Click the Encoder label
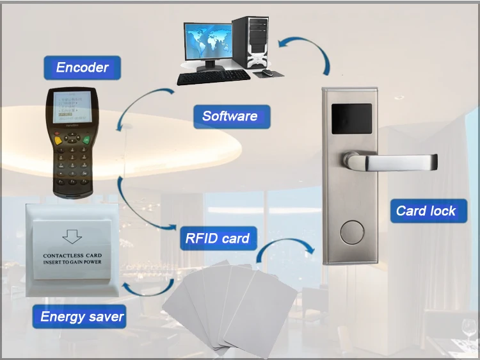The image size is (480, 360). pyautogui.click(x=82, y=67)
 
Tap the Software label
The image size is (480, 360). pyautogui.click(x=230, y=117)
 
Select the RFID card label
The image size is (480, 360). pyautogui.click(x=217, y=238)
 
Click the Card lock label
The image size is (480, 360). pyautogui.click(x=426, y=211)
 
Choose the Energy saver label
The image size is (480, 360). pyautogui.click(x=82, y=316)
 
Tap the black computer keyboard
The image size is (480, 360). pyautogui.click(x=214, y=76)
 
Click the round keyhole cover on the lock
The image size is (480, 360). pyautogui.click(x=353, y=231)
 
